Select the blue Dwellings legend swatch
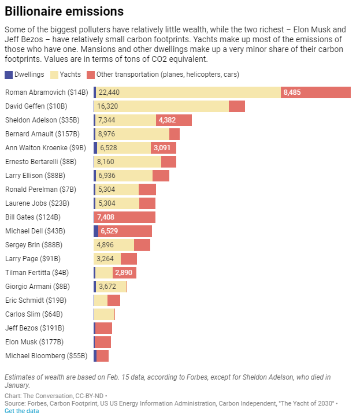coord(8,75)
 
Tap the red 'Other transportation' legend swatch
coord(90,75)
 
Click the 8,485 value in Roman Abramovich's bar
coord(292,92)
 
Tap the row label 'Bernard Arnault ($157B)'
coord(43,134)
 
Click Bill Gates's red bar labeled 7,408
coord(125,217)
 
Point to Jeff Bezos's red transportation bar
coord(104,328)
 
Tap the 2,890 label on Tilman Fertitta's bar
coord(124,273)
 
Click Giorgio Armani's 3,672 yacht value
coord(108,287)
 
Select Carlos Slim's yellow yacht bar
coord(104,314)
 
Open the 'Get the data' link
coord(23,411)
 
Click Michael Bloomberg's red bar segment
coord(103,356)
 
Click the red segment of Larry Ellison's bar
coord(161,176)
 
